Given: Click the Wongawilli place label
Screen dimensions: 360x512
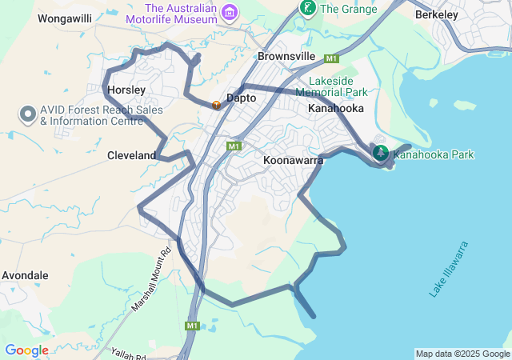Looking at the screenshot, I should (x=66, y=17).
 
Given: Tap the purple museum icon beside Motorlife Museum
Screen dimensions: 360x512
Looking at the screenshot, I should (x=230, y=12).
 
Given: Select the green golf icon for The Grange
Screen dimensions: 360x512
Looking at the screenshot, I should (x=306, y=8).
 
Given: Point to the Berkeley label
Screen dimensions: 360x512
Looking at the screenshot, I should (x=436, y=14).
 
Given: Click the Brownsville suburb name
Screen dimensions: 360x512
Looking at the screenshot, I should (x=287, y=57).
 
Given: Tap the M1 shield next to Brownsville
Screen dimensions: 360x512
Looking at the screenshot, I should (x=332, y=58).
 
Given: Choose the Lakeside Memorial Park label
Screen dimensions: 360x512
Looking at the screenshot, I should (x=330, y=86).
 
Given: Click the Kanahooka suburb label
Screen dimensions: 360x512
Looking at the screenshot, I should (x=336, y=108).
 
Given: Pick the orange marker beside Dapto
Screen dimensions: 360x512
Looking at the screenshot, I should (x=216, y=104).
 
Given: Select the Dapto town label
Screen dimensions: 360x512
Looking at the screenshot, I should (x=241, y=98).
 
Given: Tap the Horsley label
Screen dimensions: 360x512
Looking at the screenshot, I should (x=126, y=90).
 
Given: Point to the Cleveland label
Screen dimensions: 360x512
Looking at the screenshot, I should (x=131, y=155).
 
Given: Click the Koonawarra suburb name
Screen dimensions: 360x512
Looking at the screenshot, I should (x=293, y=160).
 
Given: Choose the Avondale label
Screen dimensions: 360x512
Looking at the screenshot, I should (x=25, y=275).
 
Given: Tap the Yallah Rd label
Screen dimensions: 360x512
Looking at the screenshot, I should (x=128, y=354).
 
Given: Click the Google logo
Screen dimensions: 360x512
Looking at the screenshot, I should (x=26, y=350).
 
